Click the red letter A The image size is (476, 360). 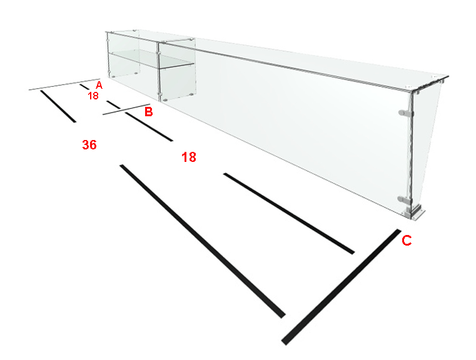99,85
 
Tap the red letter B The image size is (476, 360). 148,112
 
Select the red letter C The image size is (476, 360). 407,241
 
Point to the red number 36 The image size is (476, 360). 89,145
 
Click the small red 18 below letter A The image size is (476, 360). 93,96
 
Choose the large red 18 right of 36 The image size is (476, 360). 189,157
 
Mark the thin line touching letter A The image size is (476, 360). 64,84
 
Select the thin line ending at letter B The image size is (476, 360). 126,109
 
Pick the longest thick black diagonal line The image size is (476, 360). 203,241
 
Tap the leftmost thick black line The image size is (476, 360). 58,106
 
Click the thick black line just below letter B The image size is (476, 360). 149,127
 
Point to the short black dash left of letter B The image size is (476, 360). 114,104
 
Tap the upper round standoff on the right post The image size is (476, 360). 405,113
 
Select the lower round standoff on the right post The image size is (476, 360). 404,200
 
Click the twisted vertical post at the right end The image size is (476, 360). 412,152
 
